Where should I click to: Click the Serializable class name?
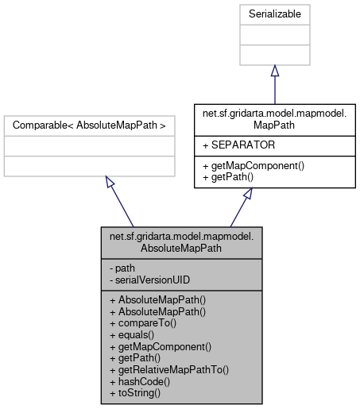[x=274, y=14]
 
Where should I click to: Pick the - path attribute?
[x=121, y=268]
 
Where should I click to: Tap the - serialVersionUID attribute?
[x=145, y=279]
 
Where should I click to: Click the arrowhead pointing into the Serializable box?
[x=274, y=72]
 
